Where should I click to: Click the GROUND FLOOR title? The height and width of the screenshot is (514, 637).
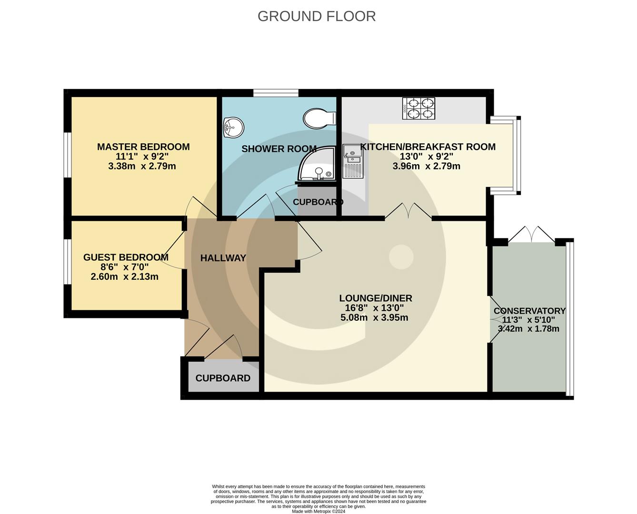coord(317,16)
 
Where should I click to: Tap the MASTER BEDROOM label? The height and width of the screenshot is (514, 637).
coord(143,147)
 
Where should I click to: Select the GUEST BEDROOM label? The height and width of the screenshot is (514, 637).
coord(126,257)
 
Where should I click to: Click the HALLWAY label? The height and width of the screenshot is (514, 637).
coord(223,258)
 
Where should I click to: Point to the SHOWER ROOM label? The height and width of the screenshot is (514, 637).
coord(279,149)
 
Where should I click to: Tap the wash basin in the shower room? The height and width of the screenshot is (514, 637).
coord(233,127)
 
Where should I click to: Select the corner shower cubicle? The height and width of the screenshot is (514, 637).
coord(317,164)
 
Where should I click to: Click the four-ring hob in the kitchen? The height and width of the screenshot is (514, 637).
coord(418,108)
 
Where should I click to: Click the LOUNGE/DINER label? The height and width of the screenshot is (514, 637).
coord(375,298)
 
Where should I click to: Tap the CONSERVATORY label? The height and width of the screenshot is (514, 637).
coord(529,311)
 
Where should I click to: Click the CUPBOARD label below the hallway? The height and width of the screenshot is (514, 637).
coord(223,378)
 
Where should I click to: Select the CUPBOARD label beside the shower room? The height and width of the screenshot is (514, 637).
coord(318,202)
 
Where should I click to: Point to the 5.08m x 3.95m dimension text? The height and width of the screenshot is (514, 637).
coord(374,318)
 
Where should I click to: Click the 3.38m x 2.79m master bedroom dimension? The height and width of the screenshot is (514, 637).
coord(142,166)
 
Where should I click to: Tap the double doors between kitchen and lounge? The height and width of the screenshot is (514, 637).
coord(408,211)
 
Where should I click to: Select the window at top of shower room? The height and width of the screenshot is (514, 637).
coord(276,93)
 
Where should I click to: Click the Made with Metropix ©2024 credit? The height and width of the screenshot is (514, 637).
coord(318,512)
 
